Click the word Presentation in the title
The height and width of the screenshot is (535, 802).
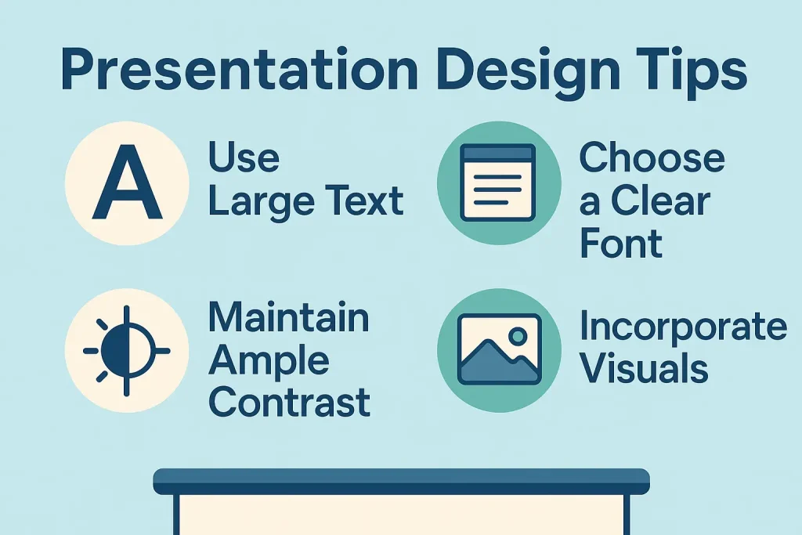pos(240,70)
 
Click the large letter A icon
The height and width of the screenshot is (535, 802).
pos(127,182)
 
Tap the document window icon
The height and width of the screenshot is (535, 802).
pos(497,183)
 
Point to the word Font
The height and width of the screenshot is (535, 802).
pos(621,243)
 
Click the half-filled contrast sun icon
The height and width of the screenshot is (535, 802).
pos(126,351)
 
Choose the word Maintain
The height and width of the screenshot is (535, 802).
pos(288,317)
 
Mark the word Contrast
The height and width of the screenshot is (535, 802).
pos(290,402)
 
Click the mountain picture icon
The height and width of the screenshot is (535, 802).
pos(499,349)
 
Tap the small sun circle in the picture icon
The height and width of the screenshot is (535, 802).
pos(518,336)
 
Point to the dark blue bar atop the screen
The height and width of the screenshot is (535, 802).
pos(402,482)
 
